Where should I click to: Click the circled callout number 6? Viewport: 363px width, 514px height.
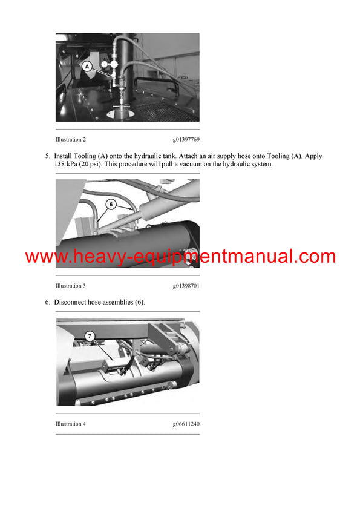[110, 205]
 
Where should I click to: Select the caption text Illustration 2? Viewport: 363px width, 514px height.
[71, 139]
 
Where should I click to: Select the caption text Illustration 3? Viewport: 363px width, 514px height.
[71, 285]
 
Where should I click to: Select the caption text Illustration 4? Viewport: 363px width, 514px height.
[71, 424]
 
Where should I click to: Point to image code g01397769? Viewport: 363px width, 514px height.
[186, 139]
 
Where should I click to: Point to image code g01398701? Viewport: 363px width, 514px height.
[186, 285]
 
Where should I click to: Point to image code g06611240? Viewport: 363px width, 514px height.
[186, 424]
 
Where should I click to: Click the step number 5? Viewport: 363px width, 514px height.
[47, 156]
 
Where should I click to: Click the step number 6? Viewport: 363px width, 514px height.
[47, 302]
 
